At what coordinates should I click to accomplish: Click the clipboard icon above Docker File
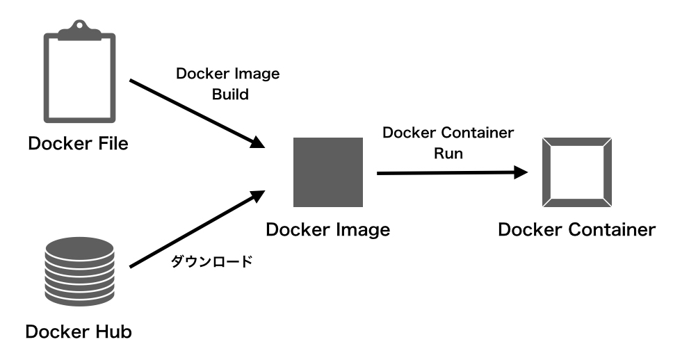click(x=79, y=71)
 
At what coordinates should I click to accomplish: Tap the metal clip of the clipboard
click(x=79, y=30)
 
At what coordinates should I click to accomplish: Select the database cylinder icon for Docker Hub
click(x=79, y=271)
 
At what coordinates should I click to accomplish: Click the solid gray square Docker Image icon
click(x=328, y=172)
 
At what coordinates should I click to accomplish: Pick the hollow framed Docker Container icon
click(x=577, y=172)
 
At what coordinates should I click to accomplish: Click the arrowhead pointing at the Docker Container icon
click(x=521, y=172)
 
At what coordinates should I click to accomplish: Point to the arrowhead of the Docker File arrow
click(x=257, y=142)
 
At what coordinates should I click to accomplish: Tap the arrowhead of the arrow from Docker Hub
click(x=257, y=197)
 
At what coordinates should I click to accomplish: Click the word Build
click(x=231, y=95)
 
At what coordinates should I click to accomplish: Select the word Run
click(x=448, y=154)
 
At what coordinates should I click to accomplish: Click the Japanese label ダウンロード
click(x=211, y=261)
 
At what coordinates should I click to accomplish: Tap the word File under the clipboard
click(x=113, y=143)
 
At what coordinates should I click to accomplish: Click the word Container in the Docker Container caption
click(x=613, y=229)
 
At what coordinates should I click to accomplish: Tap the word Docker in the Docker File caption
click(x=60, y=143)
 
